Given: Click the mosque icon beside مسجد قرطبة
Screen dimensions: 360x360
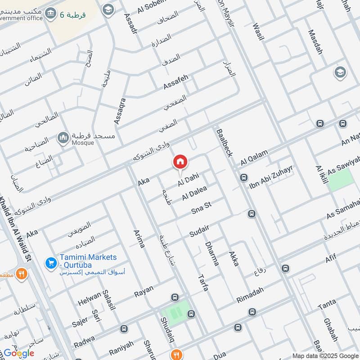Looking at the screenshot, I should [x=63, y=137].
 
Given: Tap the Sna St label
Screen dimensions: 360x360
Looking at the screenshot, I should [x=201, y=208].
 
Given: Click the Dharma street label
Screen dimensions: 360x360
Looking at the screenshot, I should [x=211, y=253].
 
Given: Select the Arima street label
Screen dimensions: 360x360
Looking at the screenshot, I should [x=139, y=238].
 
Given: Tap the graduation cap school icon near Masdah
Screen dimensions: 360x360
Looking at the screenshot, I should [x=339, y=72].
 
